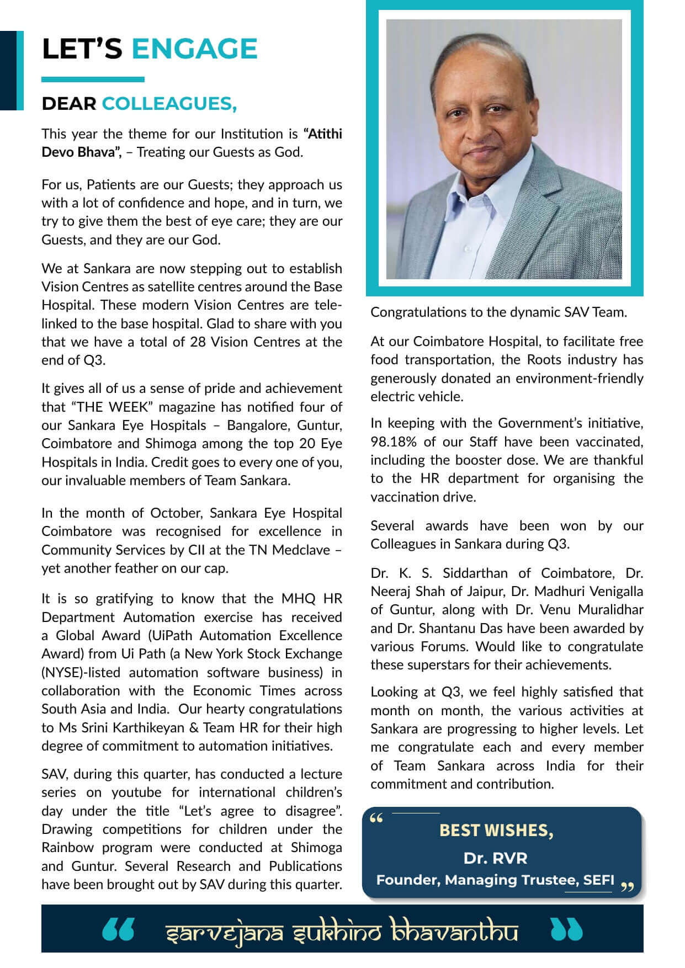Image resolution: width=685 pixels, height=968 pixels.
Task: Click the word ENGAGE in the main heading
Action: (x=194, y=49)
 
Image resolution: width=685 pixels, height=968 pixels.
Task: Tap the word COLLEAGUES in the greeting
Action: (x=169, y=104)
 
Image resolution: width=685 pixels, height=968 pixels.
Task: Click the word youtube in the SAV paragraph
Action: (x=137, y=793)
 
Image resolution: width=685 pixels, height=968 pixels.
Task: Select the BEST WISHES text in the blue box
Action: (x=496, y=830)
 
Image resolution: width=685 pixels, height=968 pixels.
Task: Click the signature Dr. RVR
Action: (x=495, y=858)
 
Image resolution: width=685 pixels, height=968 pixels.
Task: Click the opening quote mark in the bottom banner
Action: (x=118, y=930)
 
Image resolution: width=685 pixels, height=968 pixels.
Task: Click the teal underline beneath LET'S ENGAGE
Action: (x=93, y=79)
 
